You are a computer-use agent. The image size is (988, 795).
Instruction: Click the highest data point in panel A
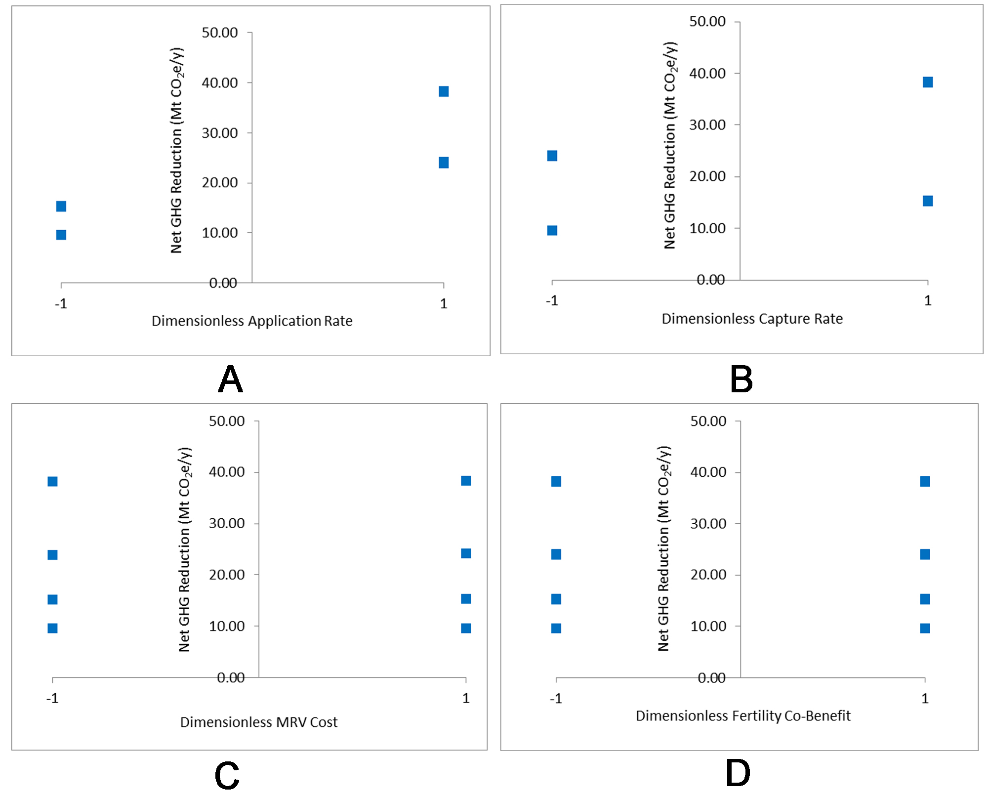click(444, 91)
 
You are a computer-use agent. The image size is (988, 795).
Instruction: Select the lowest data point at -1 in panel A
click(61, 235)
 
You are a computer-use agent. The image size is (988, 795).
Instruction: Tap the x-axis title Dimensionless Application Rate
click(252, 321)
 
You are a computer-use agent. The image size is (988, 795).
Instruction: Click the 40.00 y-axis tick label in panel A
click(220, 83)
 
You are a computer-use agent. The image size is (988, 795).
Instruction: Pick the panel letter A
click(230, 379)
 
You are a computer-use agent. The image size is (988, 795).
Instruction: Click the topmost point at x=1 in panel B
click(928, 82)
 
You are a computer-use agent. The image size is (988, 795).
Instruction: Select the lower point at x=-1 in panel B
click(552, 230)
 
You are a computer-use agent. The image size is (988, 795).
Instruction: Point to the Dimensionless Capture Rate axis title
click(752, 319)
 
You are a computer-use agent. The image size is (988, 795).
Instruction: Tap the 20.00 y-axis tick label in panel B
click(707, 176)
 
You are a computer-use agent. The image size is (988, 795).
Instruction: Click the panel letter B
click(741, 379)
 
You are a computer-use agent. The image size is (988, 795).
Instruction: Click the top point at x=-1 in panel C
click(52, 481)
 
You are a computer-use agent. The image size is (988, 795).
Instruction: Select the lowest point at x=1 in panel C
click(466, 628)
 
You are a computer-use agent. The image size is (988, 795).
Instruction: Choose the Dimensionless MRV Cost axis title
click(258, 722)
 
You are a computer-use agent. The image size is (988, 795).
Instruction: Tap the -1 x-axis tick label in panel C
click(52, 698)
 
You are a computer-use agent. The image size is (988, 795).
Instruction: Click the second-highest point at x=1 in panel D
click(925, 554)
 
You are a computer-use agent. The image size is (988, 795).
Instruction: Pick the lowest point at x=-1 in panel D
click(556, 628)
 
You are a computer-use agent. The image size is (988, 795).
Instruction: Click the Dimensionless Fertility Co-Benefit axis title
click(743, 716)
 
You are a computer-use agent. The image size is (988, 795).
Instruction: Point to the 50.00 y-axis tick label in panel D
click(708, 421)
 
